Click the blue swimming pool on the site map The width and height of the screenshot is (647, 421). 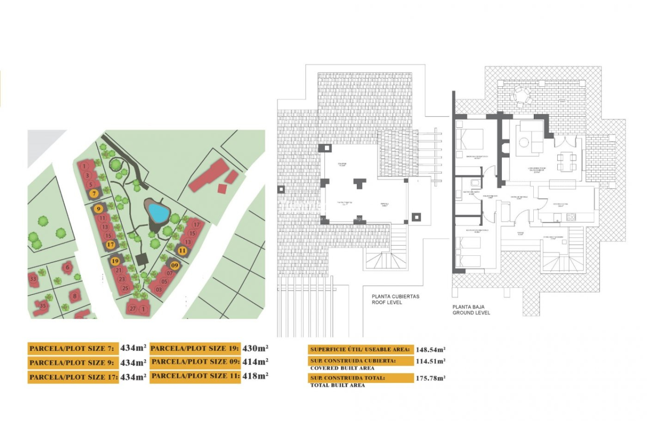[158, 213]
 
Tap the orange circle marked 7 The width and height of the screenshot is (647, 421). [94, 194]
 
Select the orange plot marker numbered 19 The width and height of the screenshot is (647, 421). [115, 261]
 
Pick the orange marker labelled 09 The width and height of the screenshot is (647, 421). [175, 265]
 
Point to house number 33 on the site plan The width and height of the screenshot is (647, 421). [33, 279]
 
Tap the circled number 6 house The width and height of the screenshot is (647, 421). [68, 267]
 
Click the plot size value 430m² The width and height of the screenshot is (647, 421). [255, 348]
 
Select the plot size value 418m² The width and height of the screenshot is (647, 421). [255, 376]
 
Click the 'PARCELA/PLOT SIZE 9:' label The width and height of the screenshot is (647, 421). [72, 363]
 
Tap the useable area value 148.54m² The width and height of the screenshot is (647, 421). [430, 349]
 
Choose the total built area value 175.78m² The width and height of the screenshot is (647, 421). [430, 378]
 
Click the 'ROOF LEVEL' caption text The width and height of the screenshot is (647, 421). [387, 302]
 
